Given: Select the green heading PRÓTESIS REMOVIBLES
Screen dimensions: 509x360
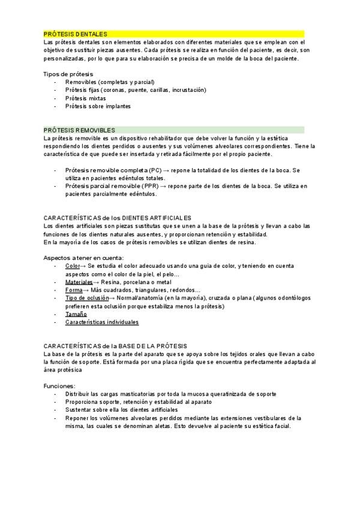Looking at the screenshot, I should point(79,130).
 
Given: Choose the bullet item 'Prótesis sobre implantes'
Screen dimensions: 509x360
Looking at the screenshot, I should point(98,106).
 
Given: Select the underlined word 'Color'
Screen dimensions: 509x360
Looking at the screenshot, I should point(72,265).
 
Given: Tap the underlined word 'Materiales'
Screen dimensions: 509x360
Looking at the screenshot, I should point(79,282).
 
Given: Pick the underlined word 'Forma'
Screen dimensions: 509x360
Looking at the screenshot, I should point(73,290).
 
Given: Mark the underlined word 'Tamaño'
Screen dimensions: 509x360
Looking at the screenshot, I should point(76,314).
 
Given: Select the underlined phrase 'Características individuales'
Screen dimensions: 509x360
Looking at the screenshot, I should point(102,322).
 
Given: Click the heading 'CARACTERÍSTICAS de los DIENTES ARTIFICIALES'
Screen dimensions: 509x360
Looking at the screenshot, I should point(118,217).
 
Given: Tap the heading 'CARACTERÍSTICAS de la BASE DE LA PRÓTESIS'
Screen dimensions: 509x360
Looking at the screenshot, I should point(115,346).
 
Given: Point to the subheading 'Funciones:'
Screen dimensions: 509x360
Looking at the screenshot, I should point(59,385).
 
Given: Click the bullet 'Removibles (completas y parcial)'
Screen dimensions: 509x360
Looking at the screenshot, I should point(110,82).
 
